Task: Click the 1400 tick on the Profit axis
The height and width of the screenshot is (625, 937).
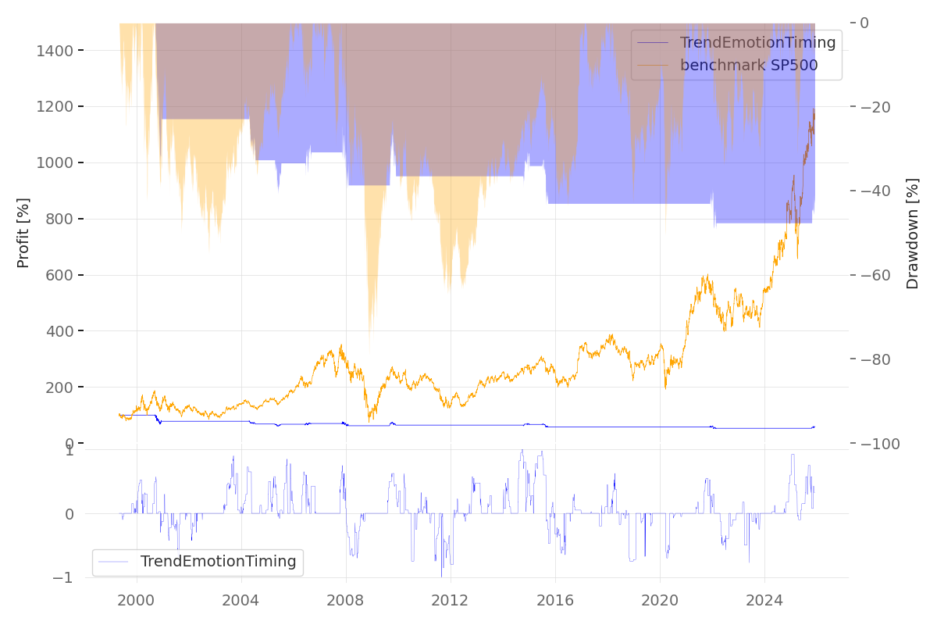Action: (x=55, y=51)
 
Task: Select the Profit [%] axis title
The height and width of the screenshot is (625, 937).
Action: (x=23, y=233)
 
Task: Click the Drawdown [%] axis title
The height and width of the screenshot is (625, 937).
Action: (x=912, y=234)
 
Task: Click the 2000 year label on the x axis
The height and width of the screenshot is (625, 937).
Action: (x=137, y=600)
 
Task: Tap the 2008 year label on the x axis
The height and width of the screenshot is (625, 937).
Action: (x=346, y=600)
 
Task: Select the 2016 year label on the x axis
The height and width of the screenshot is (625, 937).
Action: (x=555, y=600)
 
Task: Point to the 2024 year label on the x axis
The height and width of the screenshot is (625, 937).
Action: (x=764, y=600)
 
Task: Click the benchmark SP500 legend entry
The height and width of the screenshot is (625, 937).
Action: (x=748, y=66)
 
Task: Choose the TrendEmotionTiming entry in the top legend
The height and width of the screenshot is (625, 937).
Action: (x=757, y=43)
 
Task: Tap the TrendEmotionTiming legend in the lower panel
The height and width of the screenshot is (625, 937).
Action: (x=218, y=561)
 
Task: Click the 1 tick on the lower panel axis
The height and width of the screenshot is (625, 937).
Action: (x=69, y=451)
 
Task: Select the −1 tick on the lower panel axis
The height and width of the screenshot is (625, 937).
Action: (x=65, y=578)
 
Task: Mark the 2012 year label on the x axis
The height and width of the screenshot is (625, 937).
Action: (x=451, y=600)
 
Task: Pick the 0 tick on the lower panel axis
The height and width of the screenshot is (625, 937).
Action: (x=69, y=514)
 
